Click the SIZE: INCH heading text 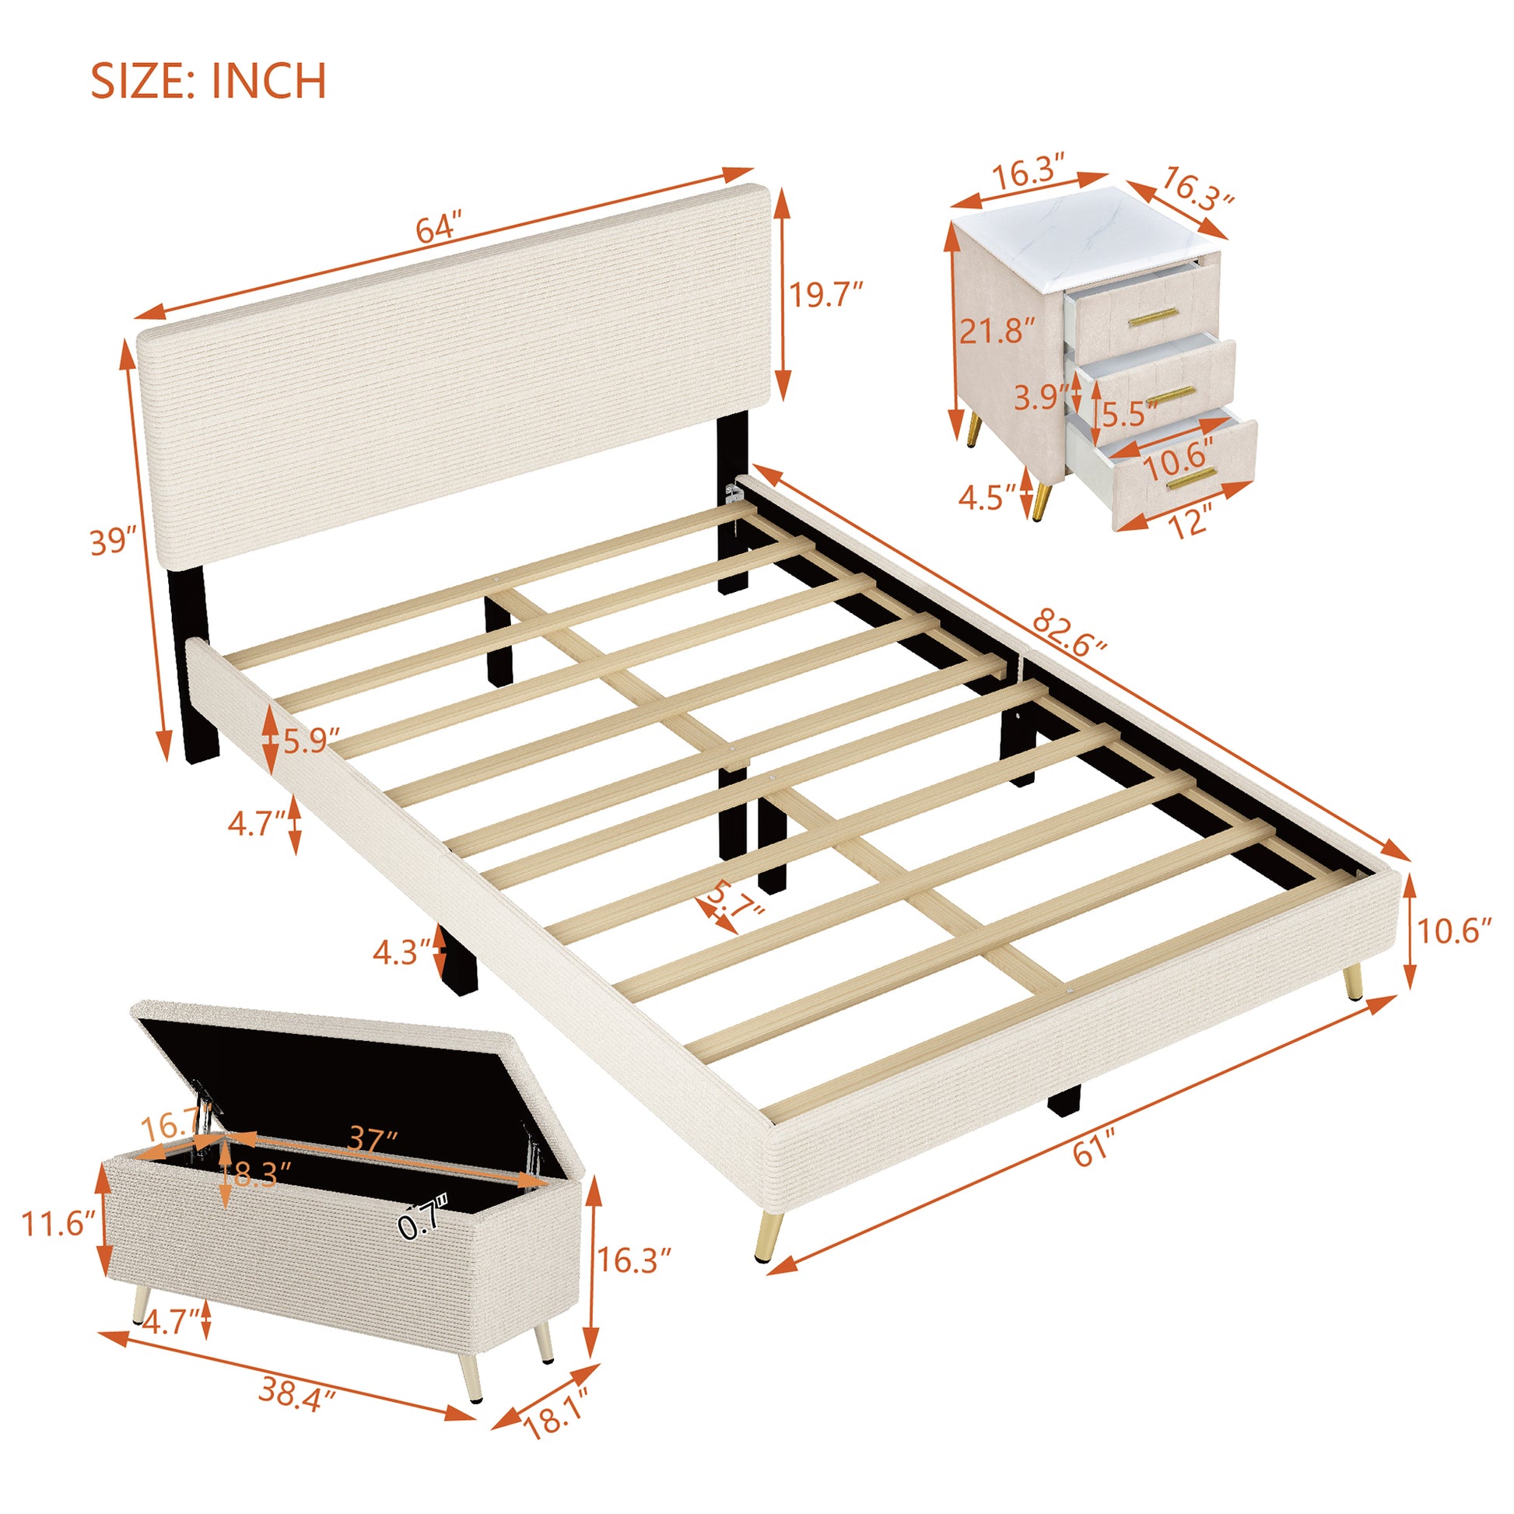(209, 82)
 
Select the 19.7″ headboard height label (825, 295)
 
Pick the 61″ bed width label (1095, 1151)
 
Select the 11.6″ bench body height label (59, 1223)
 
